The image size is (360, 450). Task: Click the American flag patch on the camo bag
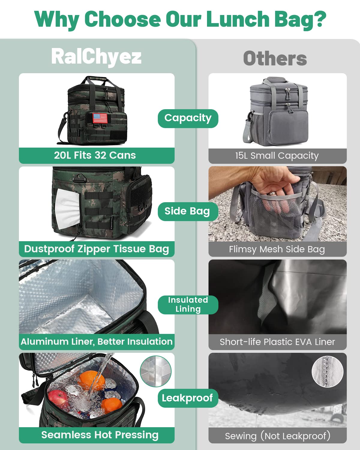tap(100, 118)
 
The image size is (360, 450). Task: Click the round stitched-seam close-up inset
tap(327, 372)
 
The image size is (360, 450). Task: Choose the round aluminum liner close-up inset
tap(156, 371)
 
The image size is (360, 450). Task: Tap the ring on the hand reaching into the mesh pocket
tap(272, 193)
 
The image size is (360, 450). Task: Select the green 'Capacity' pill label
tap(188, 118)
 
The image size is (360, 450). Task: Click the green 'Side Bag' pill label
tap(188, 211)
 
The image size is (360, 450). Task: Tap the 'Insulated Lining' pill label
tap(188, 304)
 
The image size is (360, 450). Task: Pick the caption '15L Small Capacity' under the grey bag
tap(277, 156)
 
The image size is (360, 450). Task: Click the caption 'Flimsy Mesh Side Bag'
tap(277, 249)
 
